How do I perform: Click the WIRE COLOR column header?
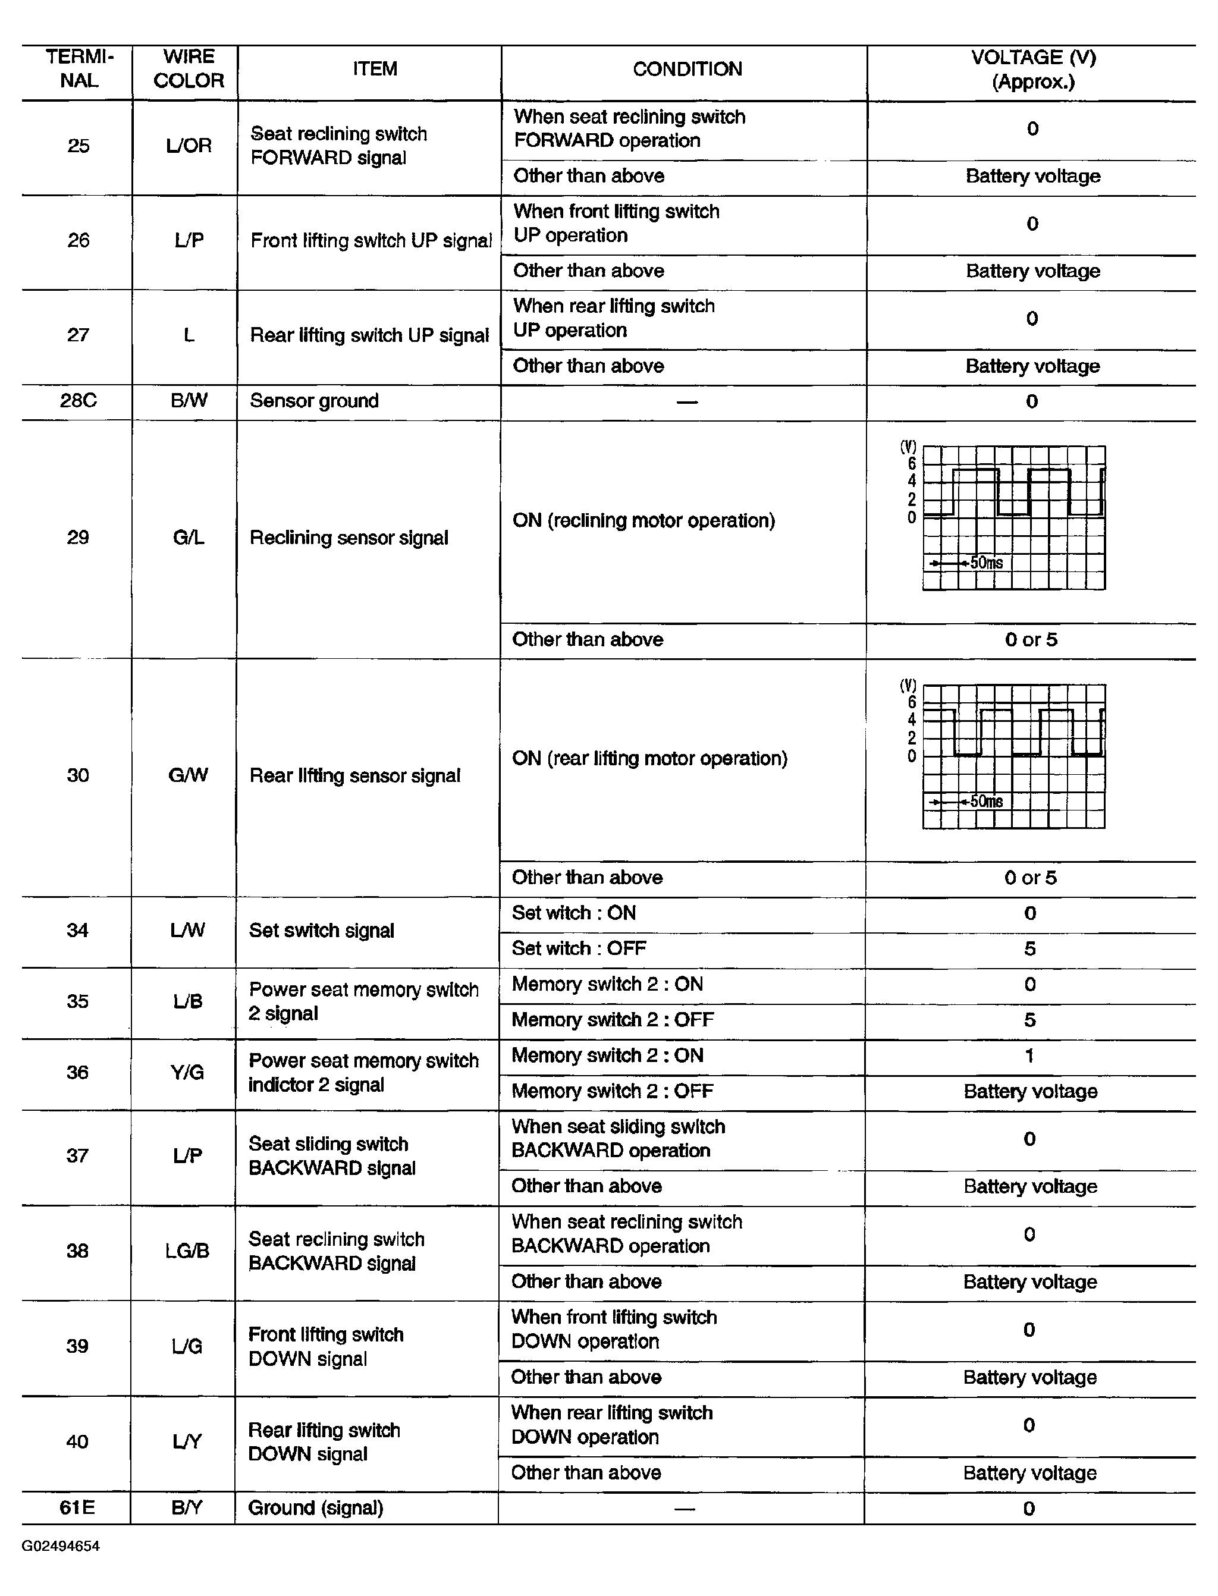click(x=189, y=69)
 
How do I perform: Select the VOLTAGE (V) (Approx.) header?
click(x=1033, y=70)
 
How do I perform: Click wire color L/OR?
click(x=189, y=146)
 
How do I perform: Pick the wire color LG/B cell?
click(x=187, y=1251)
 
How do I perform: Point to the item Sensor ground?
click(x=314, y=401)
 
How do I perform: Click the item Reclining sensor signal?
click(x=349, y=538)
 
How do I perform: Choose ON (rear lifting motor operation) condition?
click(x=649, y=758)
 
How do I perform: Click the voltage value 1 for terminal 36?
click(x=1029, y=1055)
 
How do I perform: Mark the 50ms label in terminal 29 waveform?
click(x=987, y=563)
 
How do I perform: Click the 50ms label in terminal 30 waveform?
click(x=987, y=801)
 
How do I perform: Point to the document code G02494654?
click(x=61, y=1546)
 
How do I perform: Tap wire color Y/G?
click(x=187, y=1072)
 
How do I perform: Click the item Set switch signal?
click(x=321, y=931)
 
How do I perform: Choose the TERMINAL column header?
click(x=79, y=69)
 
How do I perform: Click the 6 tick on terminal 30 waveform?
click(x=912, y=702)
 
